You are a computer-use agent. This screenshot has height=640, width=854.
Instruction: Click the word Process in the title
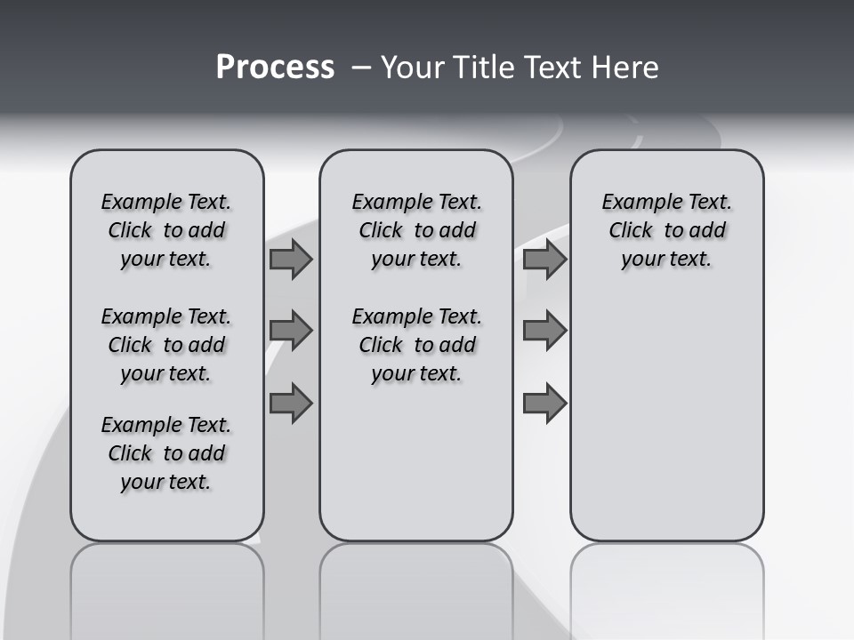275,68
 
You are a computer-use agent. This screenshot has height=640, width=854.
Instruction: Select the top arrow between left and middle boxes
291,260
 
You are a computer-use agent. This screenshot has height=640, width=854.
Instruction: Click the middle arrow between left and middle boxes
291,331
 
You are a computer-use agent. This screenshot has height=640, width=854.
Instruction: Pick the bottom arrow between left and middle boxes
291,403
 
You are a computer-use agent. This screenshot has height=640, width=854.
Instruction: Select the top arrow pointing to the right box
544,260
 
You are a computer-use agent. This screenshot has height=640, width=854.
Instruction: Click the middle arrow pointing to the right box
544,331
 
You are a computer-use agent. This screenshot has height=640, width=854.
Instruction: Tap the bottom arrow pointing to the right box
544,403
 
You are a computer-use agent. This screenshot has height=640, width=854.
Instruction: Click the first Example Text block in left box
166,230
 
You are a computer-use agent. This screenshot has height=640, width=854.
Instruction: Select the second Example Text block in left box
166,345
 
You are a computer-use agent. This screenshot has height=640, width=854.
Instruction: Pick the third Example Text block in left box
166,453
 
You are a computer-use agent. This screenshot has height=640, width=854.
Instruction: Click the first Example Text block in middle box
416,230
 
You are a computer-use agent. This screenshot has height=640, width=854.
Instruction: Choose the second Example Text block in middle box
416,345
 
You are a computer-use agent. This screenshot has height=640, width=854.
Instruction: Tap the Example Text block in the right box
666,230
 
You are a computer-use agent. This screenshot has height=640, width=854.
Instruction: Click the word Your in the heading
413,68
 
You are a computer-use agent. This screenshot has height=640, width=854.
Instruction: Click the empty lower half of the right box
666,427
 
